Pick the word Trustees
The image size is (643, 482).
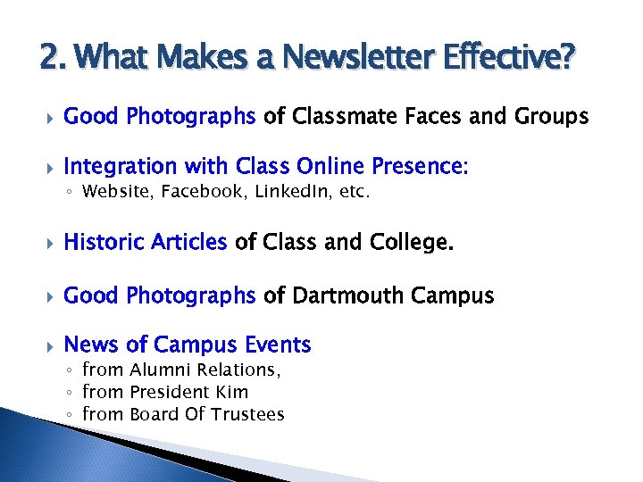248,414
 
